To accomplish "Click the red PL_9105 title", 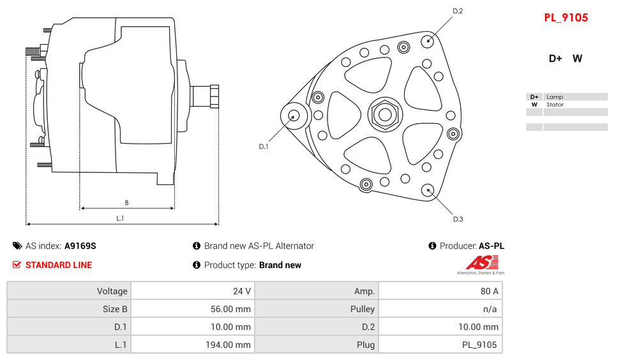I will pyautogui.click(x=566, y=18).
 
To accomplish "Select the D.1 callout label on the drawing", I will pyautogui.click(x=264, y=147).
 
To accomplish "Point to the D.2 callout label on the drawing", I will pyautogui.click(x=458, y=11).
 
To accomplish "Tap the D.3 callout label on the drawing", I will pyautogui.click(x=458, y=219).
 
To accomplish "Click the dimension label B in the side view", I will pyautogui.click(x=126, y=203).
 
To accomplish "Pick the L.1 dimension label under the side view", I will pyautogui.click(x=120, y=218).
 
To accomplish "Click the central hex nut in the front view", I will pyautogui.click(x=385, y=115).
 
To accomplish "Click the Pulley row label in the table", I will pyautogui.click(x=363, y=309).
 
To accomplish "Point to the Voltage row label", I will pyautogui.click(x=112, y=291).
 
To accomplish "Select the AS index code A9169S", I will pyautogui.click(x=80, y=246).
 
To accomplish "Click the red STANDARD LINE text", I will pyautogui.click(x=59, y=265).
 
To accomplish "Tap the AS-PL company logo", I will pyautogui.click(x=481, y=264).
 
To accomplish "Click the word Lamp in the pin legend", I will pyautogui.click(x=555, y=97).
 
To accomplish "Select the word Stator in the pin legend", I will pyautogui.click(x=555, y=105).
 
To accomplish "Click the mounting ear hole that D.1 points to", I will pyautogui.click(x=294, y=116).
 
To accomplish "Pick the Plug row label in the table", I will pyautogui.click(x=366, y=345).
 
